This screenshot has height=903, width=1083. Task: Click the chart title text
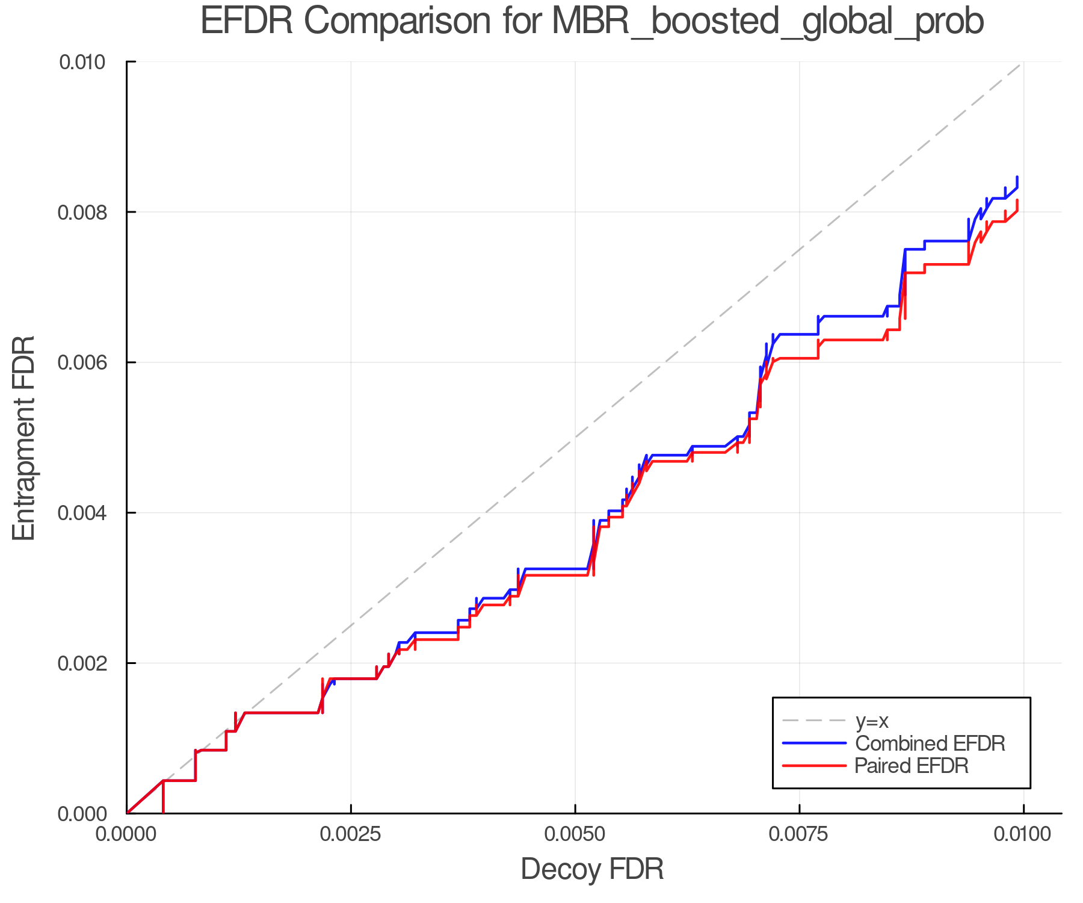point(592,22)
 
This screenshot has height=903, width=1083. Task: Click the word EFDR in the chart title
point(247,22)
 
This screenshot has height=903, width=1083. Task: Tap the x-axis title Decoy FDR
point(592,869)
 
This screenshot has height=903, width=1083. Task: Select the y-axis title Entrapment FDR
point(24,438)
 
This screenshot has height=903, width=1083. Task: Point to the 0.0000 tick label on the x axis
point(127,834)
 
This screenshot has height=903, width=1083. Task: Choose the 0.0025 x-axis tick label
point(351,834)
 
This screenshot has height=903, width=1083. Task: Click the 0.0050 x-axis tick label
point(575,834)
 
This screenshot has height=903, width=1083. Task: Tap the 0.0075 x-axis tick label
point(799,834)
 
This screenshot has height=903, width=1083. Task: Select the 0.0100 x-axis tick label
point(1023,834)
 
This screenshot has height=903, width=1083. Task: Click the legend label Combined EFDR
point(930,743)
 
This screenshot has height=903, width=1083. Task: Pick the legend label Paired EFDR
point(912,766)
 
